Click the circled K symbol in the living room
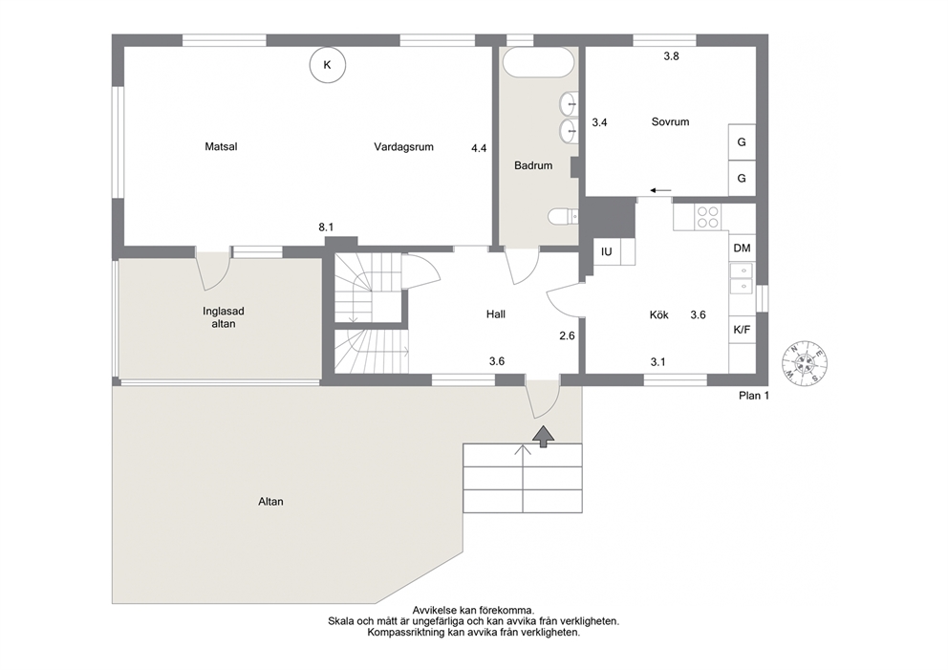(327, 65)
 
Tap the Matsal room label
(222, 146)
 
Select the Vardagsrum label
(403, 146)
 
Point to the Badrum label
(533, 165)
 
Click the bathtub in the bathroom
(537, 62)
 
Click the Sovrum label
(670, 121)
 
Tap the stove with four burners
(708, 217)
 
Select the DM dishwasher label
(742, 248)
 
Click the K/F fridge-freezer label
(742, 330)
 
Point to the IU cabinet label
(607, 251)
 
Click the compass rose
(804, 363)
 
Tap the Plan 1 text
(754, 396)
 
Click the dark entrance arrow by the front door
(544, 436)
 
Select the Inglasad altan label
(223, 317)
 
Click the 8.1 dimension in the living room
(326, 227)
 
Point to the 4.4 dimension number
(479, 147)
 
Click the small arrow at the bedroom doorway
(660, 191)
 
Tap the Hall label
(496, 313)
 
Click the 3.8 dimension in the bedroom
(671, 56)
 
